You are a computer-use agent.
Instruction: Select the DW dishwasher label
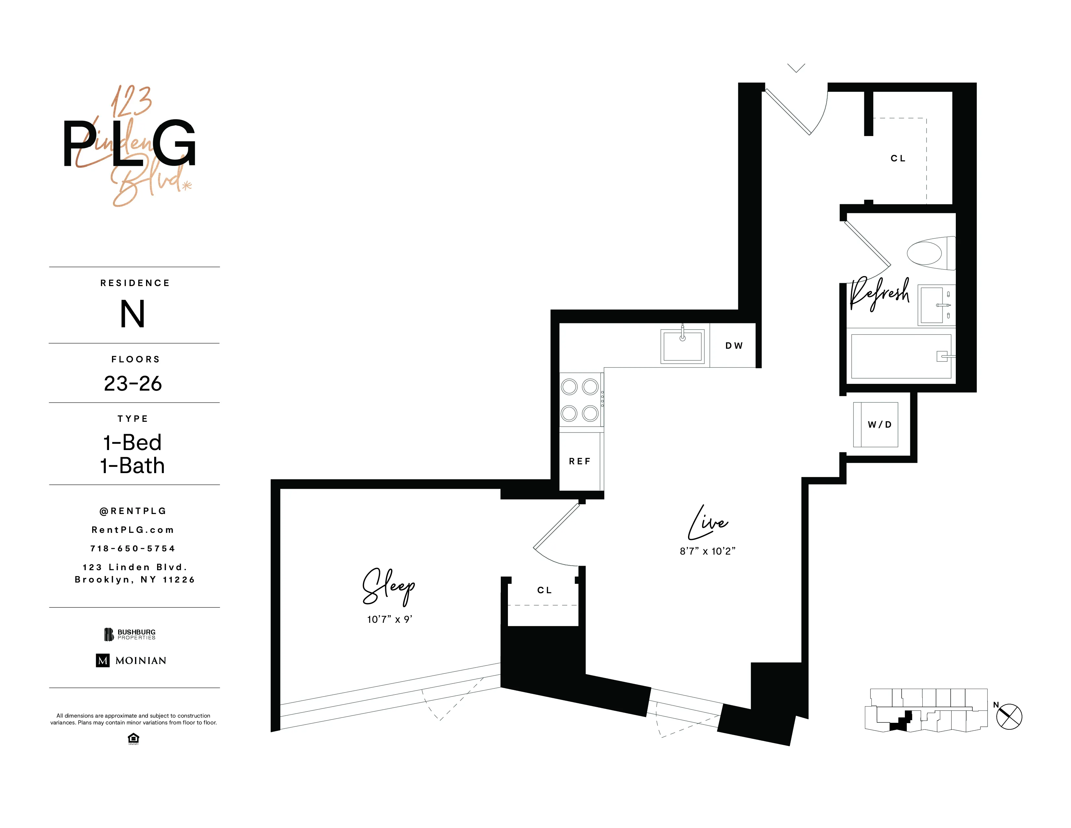click(733, 346)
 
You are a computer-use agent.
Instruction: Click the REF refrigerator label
click(580, 461)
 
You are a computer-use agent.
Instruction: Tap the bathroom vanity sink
click(932, 305)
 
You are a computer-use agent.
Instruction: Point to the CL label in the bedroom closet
click(544, 590)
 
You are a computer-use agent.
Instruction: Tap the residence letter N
click(133, 314)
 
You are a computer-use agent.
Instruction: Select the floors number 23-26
click(133, 383)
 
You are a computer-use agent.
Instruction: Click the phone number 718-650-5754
click(133, 548)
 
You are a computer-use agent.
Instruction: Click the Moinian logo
click(131, 660)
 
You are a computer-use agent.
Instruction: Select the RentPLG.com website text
click(133, 530)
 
